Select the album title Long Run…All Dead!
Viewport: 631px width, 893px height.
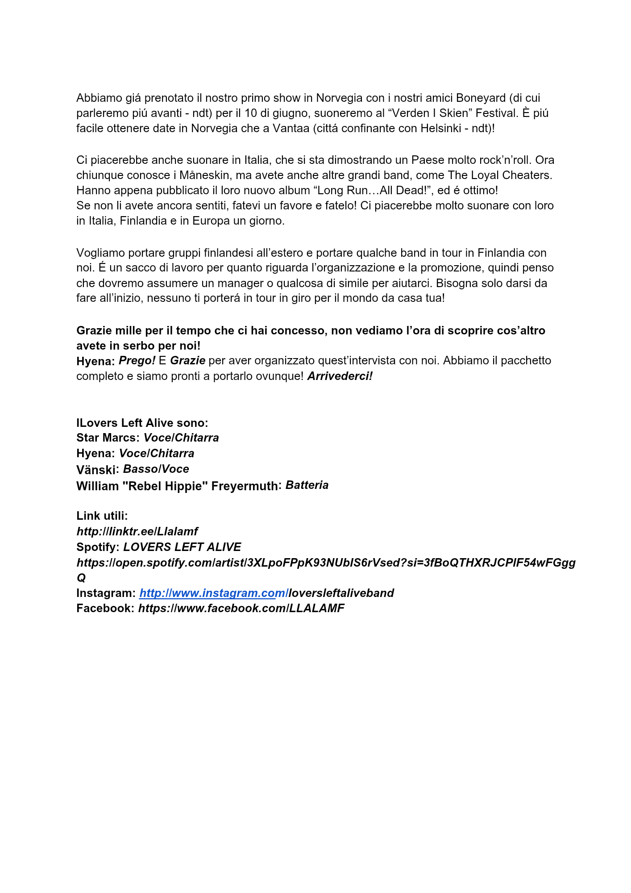point(372,190)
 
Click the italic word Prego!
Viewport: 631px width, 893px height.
point(137,360)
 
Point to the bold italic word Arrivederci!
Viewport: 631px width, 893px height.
point(340,376)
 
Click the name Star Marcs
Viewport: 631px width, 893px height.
point(108,438)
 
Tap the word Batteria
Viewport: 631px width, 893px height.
point(307,485)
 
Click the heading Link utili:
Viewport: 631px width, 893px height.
point(102,516)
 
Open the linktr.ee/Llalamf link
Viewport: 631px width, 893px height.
point(137,531)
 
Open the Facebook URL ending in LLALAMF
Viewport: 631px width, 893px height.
point(241,608)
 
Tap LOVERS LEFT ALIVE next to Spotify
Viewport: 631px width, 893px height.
point(182,547)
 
